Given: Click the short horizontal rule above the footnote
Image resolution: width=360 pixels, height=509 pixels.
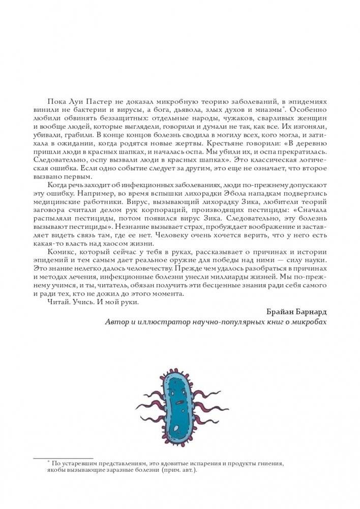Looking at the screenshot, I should coord(63,458).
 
